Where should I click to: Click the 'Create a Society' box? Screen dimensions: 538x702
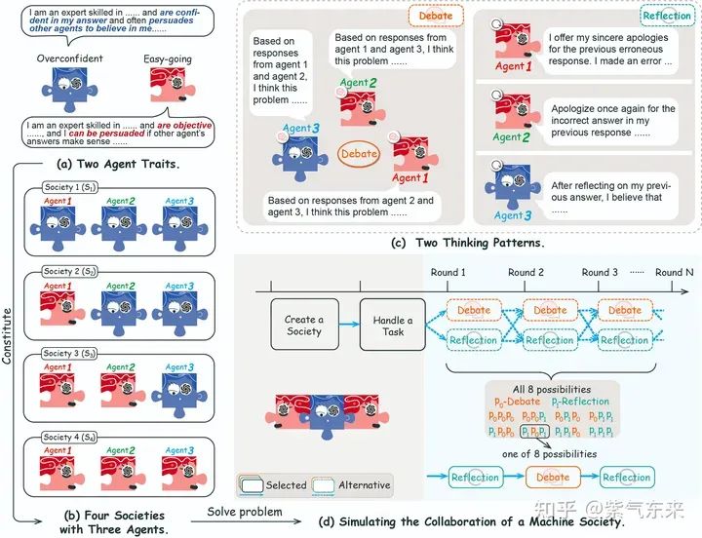[305, 326]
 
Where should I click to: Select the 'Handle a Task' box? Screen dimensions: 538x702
[394, 326]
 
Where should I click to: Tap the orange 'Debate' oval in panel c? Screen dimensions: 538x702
[359, 154]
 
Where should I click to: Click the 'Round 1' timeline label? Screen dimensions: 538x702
[448, 272]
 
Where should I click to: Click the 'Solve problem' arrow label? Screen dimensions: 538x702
[240, 513]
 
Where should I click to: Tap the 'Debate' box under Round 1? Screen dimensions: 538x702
[475, 311]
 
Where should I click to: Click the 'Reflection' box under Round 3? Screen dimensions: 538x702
[624, 340]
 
